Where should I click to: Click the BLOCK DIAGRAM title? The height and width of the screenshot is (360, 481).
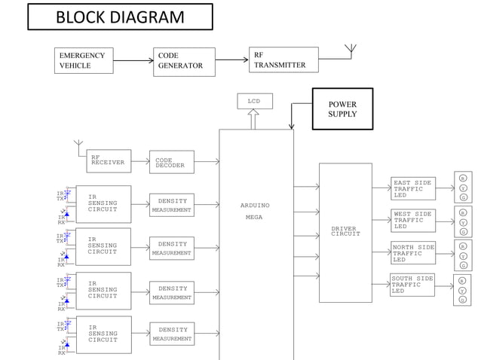pos(120,17)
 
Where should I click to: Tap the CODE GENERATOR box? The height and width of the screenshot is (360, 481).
pos(184,61)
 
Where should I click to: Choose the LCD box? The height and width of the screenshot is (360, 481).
pos(254,101)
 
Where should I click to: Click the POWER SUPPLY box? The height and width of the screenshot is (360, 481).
pos(342,109)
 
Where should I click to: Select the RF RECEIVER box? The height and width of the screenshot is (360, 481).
pos(109,160)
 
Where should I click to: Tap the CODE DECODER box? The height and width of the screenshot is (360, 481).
pos(171,162)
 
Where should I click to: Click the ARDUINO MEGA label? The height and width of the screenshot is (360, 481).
pos(255,211)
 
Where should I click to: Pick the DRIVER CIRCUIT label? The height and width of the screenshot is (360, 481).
pos(345,231)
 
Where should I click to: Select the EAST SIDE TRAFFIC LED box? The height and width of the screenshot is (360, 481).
pos(412,189)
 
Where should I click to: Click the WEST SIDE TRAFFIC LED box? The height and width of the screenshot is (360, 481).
pos(412,221)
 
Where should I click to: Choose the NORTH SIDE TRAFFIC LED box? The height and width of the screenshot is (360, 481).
pos(412,253)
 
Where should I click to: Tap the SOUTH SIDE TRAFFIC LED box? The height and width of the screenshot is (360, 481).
pos(412,285)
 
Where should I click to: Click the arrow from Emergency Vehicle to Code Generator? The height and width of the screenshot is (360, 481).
pos(132,61)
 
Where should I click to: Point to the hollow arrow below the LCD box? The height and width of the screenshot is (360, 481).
pos(254,118)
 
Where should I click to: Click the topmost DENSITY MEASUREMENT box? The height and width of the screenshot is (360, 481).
pos(172,205)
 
